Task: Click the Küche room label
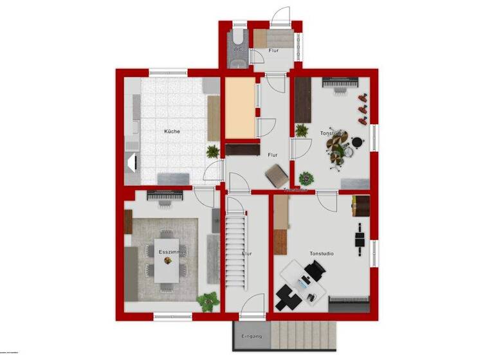[172, 131]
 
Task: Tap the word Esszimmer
[172, 253]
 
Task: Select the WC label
[237, 49]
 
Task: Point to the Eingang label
[251, 336]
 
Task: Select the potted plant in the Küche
[212, 152]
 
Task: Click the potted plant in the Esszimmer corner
[207, 300]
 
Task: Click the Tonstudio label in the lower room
[322, 253]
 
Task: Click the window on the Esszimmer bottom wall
[172, 316]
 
